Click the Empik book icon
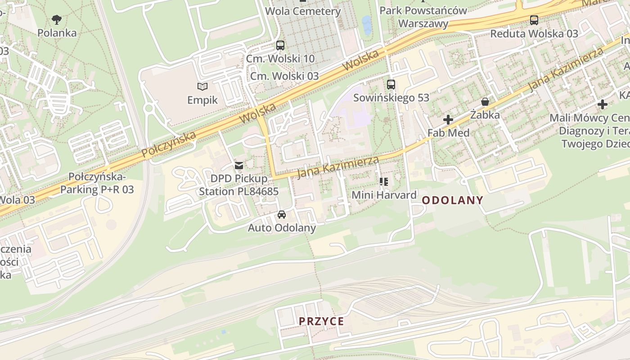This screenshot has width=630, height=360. (202, 86)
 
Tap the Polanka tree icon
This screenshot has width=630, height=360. (57, 19)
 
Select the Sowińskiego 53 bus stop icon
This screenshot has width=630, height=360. (391, 84)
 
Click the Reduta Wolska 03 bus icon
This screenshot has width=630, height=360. (534, 20)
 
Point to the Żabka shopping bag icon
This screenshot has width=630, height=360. (485, 102)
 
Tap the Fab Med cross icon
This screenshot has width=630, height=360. (448, 120)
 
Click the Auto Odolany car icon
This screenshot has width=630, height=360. (282, 215)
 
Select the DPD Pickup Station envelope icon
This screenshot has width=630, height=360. (239, 166)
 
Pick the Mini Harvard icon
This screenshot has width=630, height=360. (384, 182)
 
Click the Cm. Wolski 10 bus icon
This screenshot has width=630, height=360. (280, 45)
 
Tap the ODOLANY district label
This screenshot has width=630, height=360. (453, 200)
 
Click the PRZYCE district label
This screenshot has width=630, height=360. (322, 321)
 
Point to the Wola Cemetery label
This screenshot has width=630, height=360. (303, 11)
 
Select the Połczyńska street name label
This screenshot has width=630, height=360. (169, 144)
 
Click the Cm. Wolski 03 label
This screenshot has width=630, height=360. (284, 76)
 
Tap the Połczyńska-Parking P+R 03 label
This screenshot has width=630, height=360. (97, 183)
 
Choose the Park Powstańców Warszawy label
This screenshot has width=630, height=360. (423, 17)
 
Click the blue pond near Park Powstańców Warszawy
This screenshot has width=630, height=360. (367, 25)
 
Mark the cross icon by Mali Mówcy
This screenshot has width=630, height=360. (603, 104)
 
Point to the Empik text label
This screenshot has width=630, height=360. (202, 100)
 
